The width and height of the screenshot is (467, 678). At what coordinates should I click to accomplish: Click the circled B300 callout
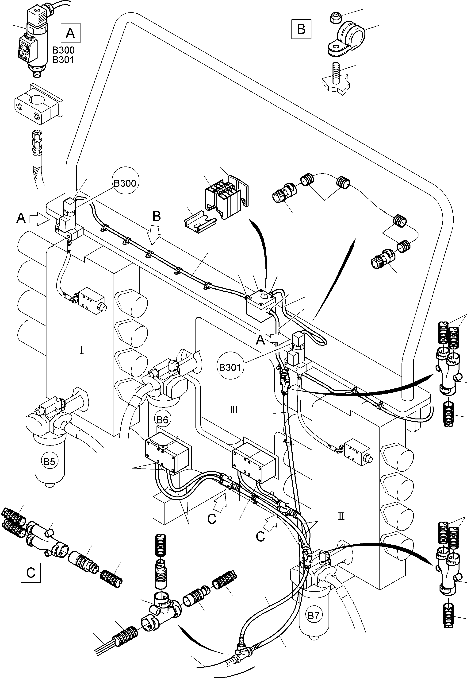tap(125, 183)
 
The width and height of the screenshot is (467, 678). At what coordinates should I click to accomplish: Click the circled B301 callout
tap(230, 367)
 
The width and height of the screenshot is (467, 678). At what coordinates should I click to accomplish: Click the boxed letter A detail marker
tap(70, 33)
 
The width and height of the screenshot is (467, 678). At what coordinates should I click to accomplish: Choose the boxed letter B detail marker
tap(301, 29)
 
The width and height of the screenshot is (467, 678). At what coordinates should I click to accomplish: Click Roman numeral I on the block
tap(82, 350)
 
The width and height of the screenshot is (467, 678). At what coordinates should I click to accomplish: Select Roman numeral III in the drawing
tap(234, 409)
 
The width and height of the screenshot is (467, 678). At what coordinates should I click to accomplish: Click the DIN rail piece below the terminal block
tap(200, 222)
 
